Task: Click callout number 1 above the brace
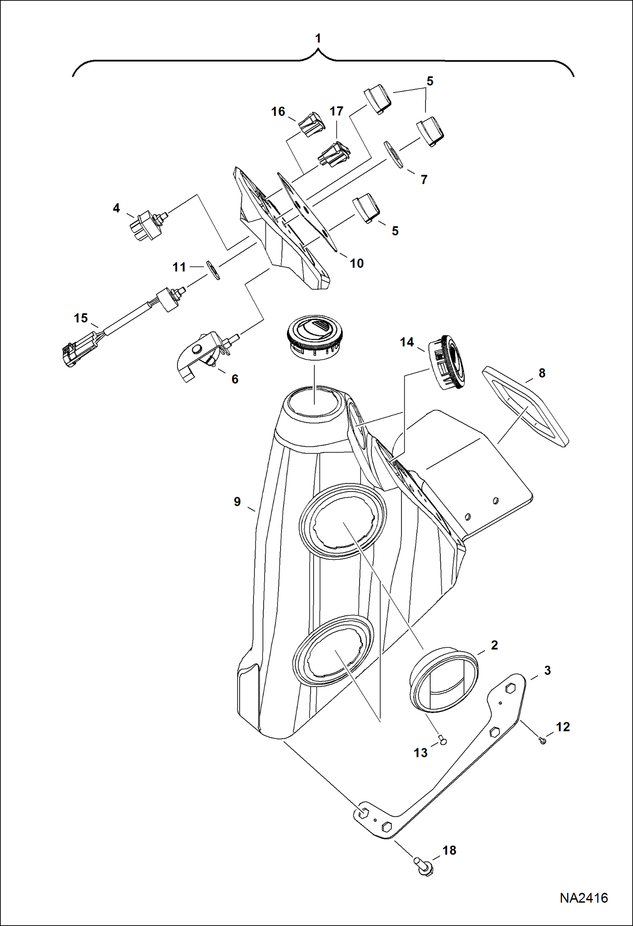(318, 39)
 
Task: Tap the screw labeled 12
(543, 740)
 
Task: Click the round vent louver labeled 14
(448, 362)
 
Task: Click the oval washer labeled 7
(393, 155)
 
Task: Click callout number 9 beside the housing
(237, 502)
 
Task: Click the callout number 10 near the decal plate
(357, 263)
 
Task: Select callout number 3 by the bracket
(547, 671)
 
